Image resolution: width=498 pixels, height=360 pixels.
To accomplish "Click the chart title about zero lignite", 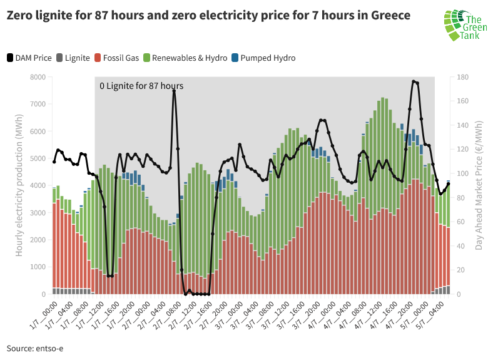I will click(208, 16).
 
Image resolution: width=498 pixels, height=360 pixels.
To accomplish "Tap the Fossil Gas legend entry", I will click(117, 58).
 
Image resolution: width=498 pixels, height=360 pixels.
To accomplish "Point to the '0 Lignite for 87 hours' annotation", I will click(141, 86).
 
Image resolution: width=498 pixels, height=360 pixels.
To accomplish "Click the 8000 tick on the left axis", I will click(37, 77).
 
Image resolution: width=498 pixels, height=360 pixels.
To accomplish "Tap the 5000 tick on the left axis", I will click(37, 158).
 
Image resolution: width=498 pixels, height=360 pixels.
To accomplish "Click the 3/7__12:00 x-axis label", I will click(282, 313).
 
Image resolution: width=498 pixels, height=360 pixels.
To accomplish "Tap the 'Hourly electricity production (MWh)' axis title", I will click(19, 185).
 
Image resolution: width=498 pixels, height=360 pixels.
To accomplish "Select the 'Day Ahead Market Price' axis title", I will click(479, 185).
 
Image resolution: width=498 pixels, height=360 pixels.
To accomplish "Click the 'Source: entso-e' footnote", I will click(35, 347).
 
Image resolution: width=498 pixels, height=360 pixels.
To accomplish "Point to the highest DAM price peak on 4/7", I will click(414, 81).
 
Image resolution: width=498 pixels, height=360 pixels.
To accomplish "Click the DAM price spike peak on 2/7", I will click(174, 91).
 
